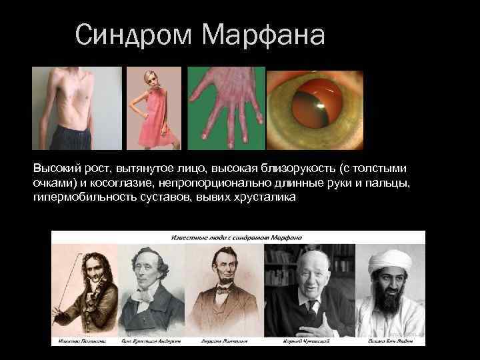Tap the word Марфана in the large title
(263, 34)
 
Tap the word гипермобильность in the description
(75, 198)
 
